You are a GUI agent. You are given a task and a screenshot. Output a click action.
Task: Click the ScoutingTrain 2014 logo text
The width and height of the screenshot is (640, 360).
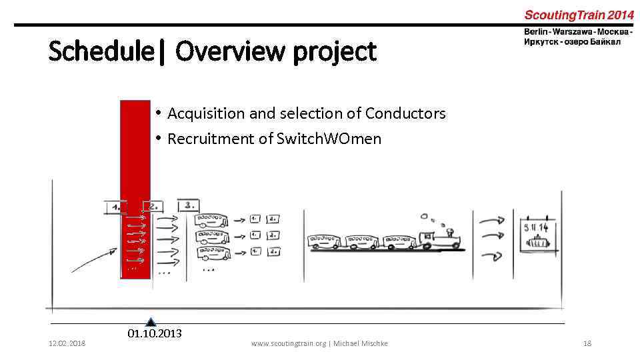point(578,15)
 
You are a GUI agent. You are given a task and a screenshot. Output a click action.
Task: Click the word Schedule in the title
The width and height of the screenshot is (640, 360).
point(101,51)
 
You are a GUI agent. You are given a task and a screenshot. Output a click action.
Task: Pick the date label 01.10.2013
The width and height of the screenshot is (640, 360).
point(154,333)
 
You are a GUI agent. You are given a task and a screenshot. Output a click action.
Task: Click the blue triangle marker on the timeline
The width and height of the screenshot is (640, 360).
point(151,322)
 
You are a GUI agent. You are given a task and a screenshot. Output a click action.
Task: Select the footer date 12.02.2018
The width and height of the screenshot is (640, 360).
point(67,343)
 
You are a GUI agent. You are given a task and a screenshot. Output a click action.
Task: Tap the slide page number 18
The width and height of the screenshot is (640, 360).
point(587,343)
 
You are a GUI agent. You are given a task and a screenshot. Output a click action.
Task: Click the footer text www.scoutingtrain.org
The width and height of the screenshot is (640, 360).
point(288,343)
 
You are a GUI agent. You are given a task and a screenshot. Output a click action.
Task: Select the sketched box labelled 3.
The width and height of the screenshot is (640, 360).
point(188,206)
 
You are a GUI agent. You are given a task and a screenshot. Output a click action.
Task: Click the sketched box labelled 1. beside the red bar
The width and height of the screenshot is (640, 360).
point(115,207)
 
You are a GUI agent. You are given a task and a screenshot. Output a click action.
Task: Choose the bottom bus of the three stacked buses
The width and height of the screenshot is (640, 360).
point(212,253)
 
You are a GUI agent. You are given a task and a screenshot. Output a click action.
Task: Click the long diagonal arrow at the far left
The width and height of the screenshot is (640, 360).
point(90,260)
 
